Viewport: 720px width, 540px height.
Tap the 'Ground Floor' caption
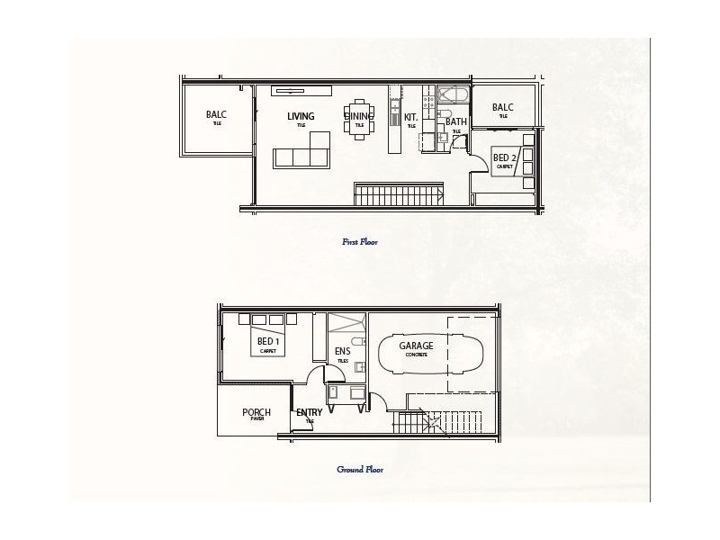tap(360, 469)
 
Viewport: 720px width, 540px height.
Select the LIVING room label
tap(301, 116)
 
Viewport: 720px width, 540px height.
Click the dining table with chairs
tap(359, 119)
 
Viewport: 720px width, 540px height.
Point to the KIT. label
tap(410, 117)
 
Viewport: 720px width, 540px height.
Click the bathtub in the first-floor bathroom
tap(450, 96)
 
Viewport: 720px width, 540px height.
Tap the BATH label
tap(456, 121)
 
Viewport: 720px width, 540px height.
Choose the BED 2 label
tap(505, 157)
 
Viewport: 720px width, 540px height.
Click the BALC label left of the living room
tap(216, 114)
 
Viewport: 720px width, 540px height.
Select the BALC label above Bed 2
tap(502, 107)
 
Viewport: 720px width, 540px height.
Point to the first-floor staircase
tap(398, 193)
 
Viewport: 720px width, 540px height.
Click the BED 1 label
tap(268, 342)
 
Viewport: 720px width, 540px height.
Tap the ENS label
tap(342, 351)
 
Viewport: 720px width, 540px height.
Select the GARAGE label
tap(416, 346)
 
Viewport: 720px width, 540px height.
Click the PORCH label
tap(256, 413)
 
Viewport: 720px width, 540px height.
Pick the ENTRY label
tap(309, 413)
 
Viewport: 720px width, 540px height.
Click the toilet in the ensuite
tap(358, 341)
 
